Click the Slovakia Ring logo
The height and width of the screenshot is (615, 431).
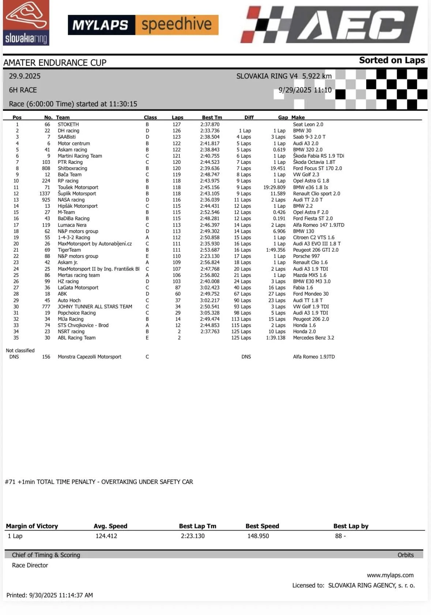point(26,23)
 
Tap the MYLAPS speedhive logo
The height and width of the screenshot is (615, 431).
point(143,25)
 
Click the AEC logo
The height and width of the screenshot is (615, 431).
point(329,25)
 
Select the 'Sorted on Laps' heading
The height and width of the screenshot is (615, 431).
point(392,60)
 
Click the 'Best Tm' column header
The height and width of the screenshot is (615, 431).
point(212,117)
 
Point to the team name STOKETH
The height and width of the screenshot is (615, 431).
point(68,124)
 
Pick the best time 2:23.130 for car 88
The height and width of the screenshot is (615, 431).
point(210,256)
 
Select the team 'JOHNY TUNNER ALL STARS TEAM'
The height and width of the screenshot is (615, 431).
point(95,307)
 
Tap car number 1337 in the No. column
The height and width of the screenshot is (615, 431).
point(45,194)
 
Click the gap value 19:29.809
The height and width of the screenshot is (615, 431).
point(274,187)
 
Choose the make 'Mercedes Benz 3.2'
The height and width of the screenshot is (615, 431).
point(313,338)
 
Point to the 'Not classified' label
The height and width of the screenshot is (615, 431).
point(20,350)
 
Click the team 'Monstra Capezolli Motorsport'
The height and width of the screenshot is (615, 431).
point(89,357)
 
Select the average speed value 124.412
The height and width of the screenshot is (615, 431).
point(106,536)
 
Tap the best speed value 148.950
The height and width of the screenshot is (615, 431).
point(258,536)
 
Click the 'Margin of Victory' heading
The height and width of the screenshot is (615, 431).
point(32,526)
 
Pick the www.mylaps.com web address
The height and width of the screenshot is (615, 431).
point(390,575)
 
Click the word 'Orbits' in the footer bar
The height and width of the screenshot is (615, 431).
point(405,555)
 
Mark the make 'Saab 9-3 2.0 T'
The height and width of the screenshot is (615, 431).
point(309,137)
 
